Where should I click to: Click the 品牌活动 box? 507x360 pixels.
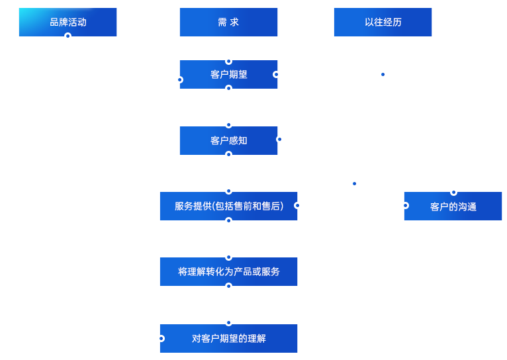click(68, 22)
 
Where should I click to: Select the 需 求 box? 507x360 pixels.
click(228, 22)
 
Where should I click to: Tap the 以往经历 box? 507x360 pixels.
click(383, 22)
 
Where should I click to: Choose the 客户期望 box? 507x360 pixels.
click(228, 74)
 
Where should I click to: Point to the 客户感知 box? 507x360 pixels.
click(228, 140)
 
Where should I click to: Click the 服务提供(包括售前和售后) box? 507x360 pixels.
click(228, 206)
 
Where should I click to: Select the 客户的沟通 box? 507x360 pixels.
click(453, 206)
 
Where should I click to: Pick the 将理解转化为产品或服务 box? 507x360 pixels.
click(228, 271)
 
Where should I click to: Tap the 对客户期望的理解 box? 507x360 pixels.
click(228, 338)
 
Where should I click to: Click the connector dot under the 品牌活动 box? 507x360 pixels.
click(68, 36)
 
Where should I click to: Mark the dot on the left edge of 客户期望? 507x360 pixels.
click(180, 79)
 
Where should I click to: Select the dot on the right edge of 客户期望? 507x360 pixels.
click(276, 74)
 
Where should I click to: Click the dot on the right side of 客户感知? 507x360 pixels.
click(279, 139)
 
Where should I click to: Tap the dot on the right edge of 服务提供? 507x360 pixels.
click(297, 205)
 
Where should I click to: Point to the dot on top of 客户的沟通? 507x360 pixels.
click(453, 193)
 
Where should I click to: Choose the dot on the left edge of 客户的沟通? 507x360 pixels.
click(406, 205)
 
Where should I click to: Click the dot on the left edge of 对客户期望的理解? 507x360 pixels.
click(161, 338)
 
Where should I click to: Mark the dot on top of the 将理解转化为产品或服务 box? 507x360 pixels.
click(228, 257)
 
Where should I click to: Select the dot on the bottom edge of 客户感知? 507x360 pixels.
click(228, 154)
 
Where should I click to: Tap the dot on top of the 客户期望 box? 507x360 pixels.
click(228, 61)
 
